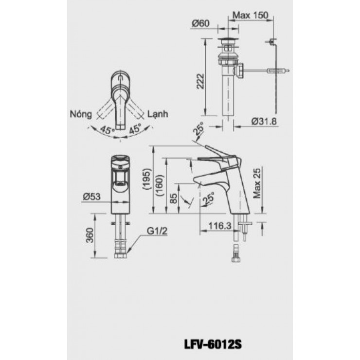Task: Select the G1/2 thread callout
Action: (x=157, y=232)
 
